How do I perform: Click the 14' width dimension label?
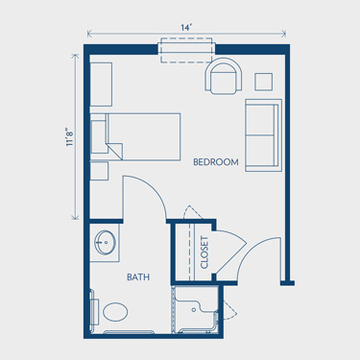tap(185, 28)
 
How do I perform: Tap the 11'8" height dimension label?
tap(70, 137)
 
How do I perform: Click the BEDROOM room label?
tap(216, 162)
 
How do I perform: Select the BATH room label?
tap(138, 276)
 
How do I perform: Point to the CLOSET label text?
tap(204, 252)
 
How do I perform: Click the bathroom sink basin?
tap(105, 243)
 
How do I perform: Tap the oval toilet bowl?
tap(115, 312)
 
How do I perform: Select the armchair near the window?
tap(224, 76)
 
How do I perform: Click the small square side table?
tap(264, 82)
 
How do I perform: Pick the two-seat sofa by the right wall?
tap(264, 135)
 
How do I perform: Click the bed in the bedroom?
tap(135, 136)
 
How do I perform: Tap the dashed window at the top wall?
tap(186, 50)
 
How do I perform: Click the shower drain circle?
tap(194, 310)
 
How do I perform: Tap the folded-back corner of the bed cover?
tap(116, 150)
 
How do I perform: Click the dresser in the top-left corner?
tap(101, 84)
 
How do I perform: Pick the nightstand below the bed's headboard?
tap(99, 171)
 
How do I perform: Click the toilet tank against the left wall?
tap(94, 311)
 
